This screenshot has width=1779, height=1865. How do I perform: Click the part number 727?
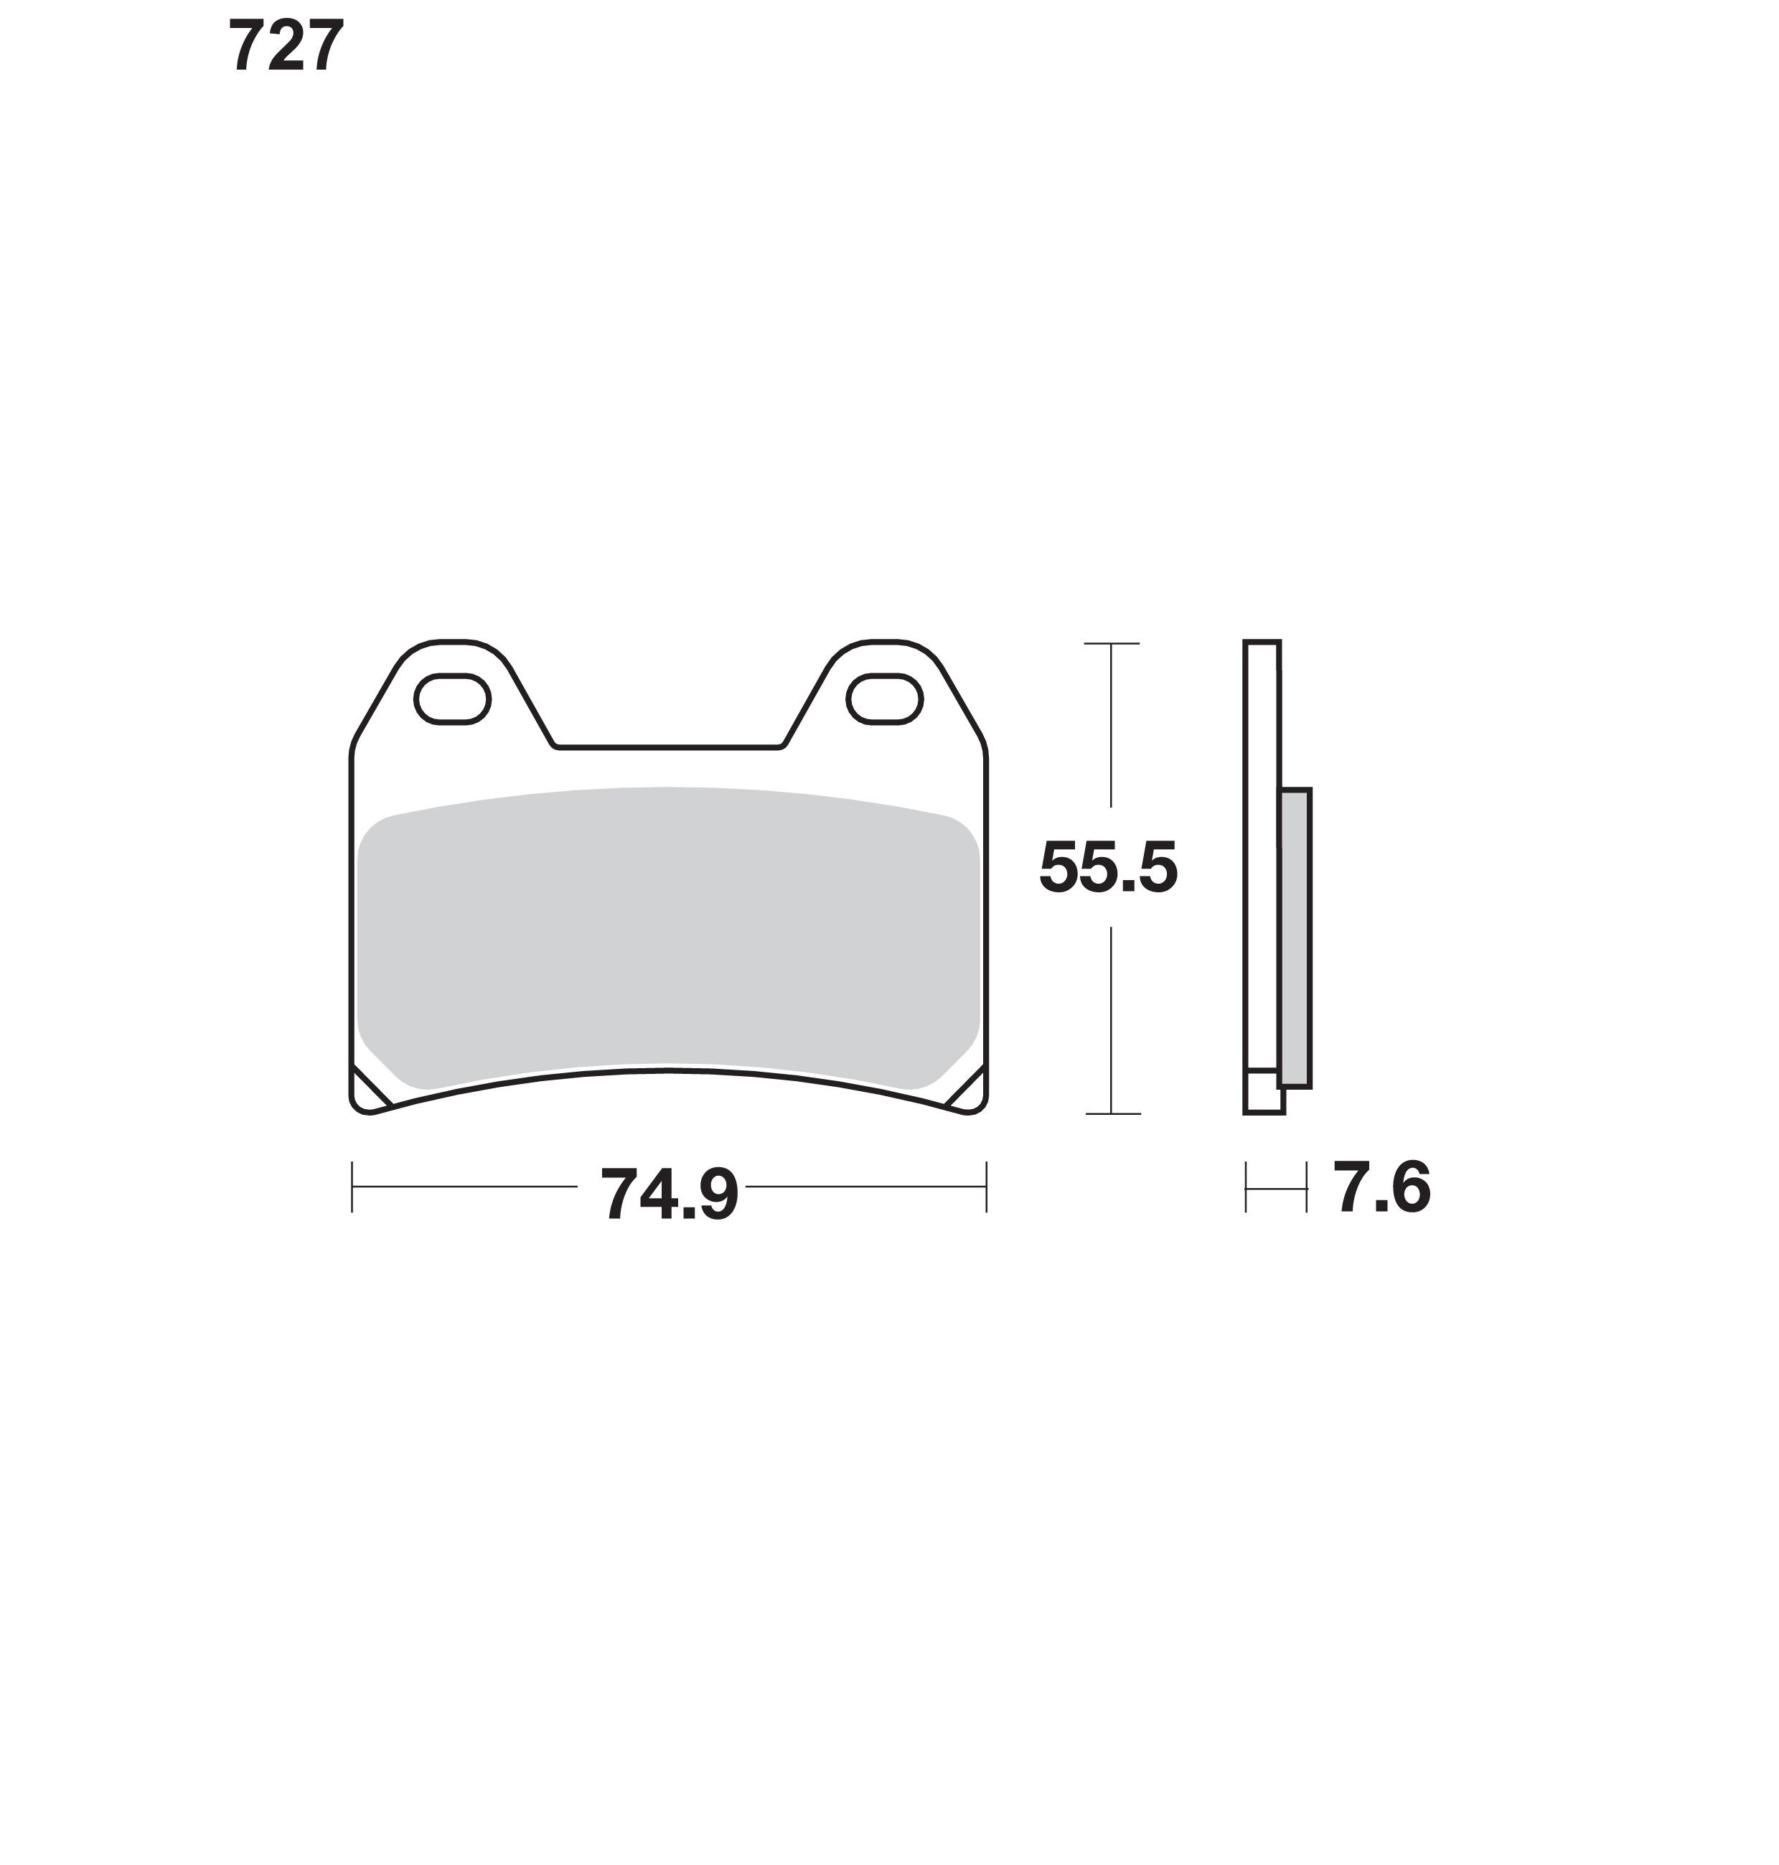pyautogui.click(x=286, y=47)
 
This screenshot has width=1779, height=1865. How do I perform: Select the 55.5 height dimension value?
pyautogui.click(x=1109, y=867)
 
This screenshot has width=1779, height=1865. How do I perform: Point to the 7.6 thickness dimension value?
pyautogui.click(x=1381, y=1187)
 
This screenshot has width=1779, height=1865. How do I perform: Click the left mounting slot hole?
pyautogui.click(x=452, y=699)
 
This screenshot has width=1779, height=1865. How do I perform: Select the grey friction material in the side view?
pyautogui.click(x=1295, y=938)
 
